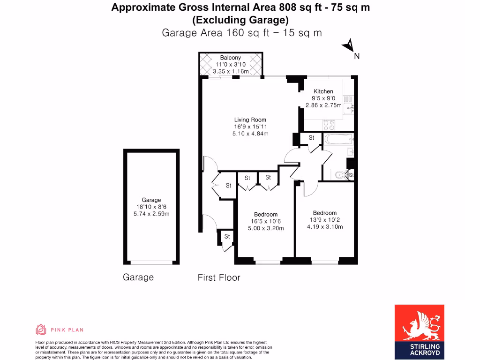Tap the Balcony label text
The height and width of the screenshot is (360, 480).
[231, 58]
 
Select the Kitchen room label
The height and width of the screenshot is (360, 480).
[323, 91]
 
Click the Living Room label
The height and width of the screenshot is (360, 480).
[250, 120]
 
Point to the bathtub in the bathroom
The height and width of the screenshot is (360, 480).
[338, 139]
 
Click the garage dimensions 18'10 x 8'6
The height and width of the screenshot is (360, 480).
[151, 207]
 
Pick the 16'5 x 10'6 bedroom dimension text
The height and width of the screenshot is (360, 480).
[266, 221]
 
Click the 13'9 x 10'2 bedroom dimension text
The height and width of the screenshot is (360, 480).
[325, 220]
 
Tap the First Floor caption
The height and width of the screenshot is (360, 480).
[219, 277]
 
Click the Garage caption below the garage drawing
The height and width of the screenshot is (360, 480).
[138, 277]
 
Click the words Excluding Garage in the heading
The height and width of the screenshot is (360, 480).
[240, 20]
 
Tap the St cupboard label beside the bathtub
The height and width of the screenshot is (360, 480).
[311, 138]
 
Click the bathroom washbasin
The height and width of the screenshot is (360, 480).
[350, 152]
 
